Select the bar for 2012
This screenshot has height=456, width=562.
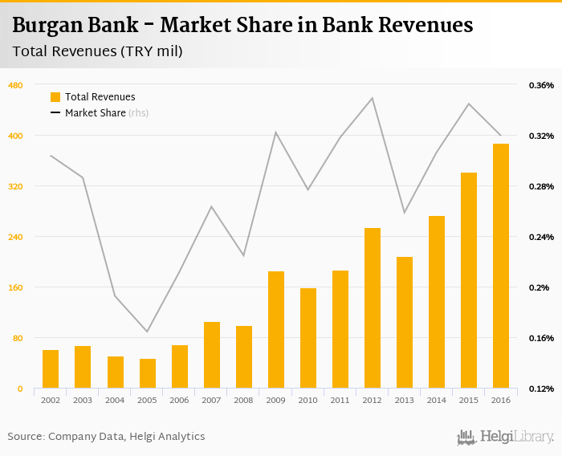coord(373,308)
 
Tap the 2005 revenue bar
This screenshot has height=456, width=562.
coord(148,373)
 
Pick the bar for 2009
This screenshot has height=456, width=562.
coord(276,330)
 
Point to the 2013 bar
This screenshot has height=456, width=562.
coord(405,323)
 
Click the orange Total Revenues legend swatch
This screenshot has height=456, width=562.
coord(55,97)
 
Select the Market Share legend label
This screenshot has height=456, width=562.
coord(95,113)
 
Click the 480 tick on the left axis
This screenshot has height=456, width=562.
coord(15,85)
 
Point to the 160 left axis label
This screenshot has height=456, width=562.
coord(15,287)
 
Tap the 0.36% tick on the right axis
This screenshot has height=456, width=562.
coord(541,85)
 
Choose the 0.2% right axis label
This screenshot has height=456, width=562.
coord(538,287)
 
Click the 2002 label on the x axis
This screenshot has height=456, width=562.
coord(51,399)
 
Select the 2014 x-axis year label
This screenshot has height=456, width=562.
coord(437,399)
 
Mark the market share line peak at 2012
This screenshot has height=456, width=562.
coord(373,98)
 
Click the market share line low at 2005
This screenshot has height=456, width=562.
coord(148,332)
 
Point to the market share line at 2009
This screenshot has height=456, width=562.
coord(276,132)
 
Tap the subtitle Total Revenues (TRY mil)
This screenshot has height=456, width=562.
coord(98,51)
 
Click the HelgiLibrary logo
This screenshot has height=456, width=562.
coord(505,437)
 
